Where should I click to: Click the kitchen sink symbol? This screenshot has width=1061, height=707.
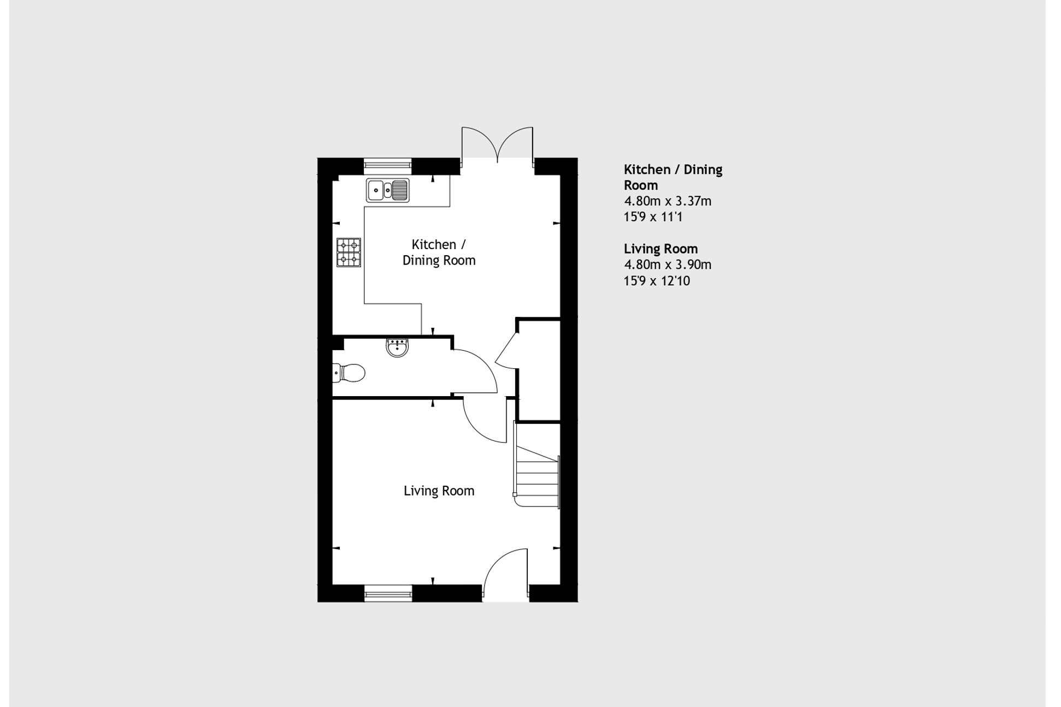click(387, 190)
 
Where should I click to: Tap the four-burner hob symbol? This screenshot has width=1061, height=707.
click(349, 252)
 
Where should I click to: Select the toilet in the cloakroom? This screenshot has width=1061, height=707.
click(350, 373)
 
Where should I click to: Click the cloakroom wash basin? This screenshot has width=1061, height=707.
click(397, 347)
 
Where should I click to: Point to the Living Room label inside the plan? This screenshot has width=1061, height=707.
click(439, 491)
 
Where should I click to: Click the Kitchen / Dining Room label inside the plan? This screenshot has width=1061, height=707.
click(439, 252)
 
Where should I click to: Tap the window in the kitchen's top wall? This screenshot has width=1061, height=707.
click(387, 163)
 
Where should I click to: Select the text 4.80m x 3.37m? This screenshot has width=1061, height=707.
click(667, 201)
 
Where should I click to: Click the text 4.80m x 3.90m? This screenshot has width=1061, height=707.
click(667, 264)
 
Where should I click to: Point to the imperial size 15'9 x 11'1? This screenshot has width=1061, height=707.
click(653, 217)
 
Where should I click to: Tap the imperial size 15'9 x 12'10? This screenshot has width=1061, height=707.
click(656, 281)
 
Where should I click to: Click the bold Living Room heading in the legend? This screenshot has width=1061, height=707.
click(661, 249)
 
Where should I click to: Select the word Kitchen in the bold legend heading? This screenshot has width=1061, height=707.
click(647, 169)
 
